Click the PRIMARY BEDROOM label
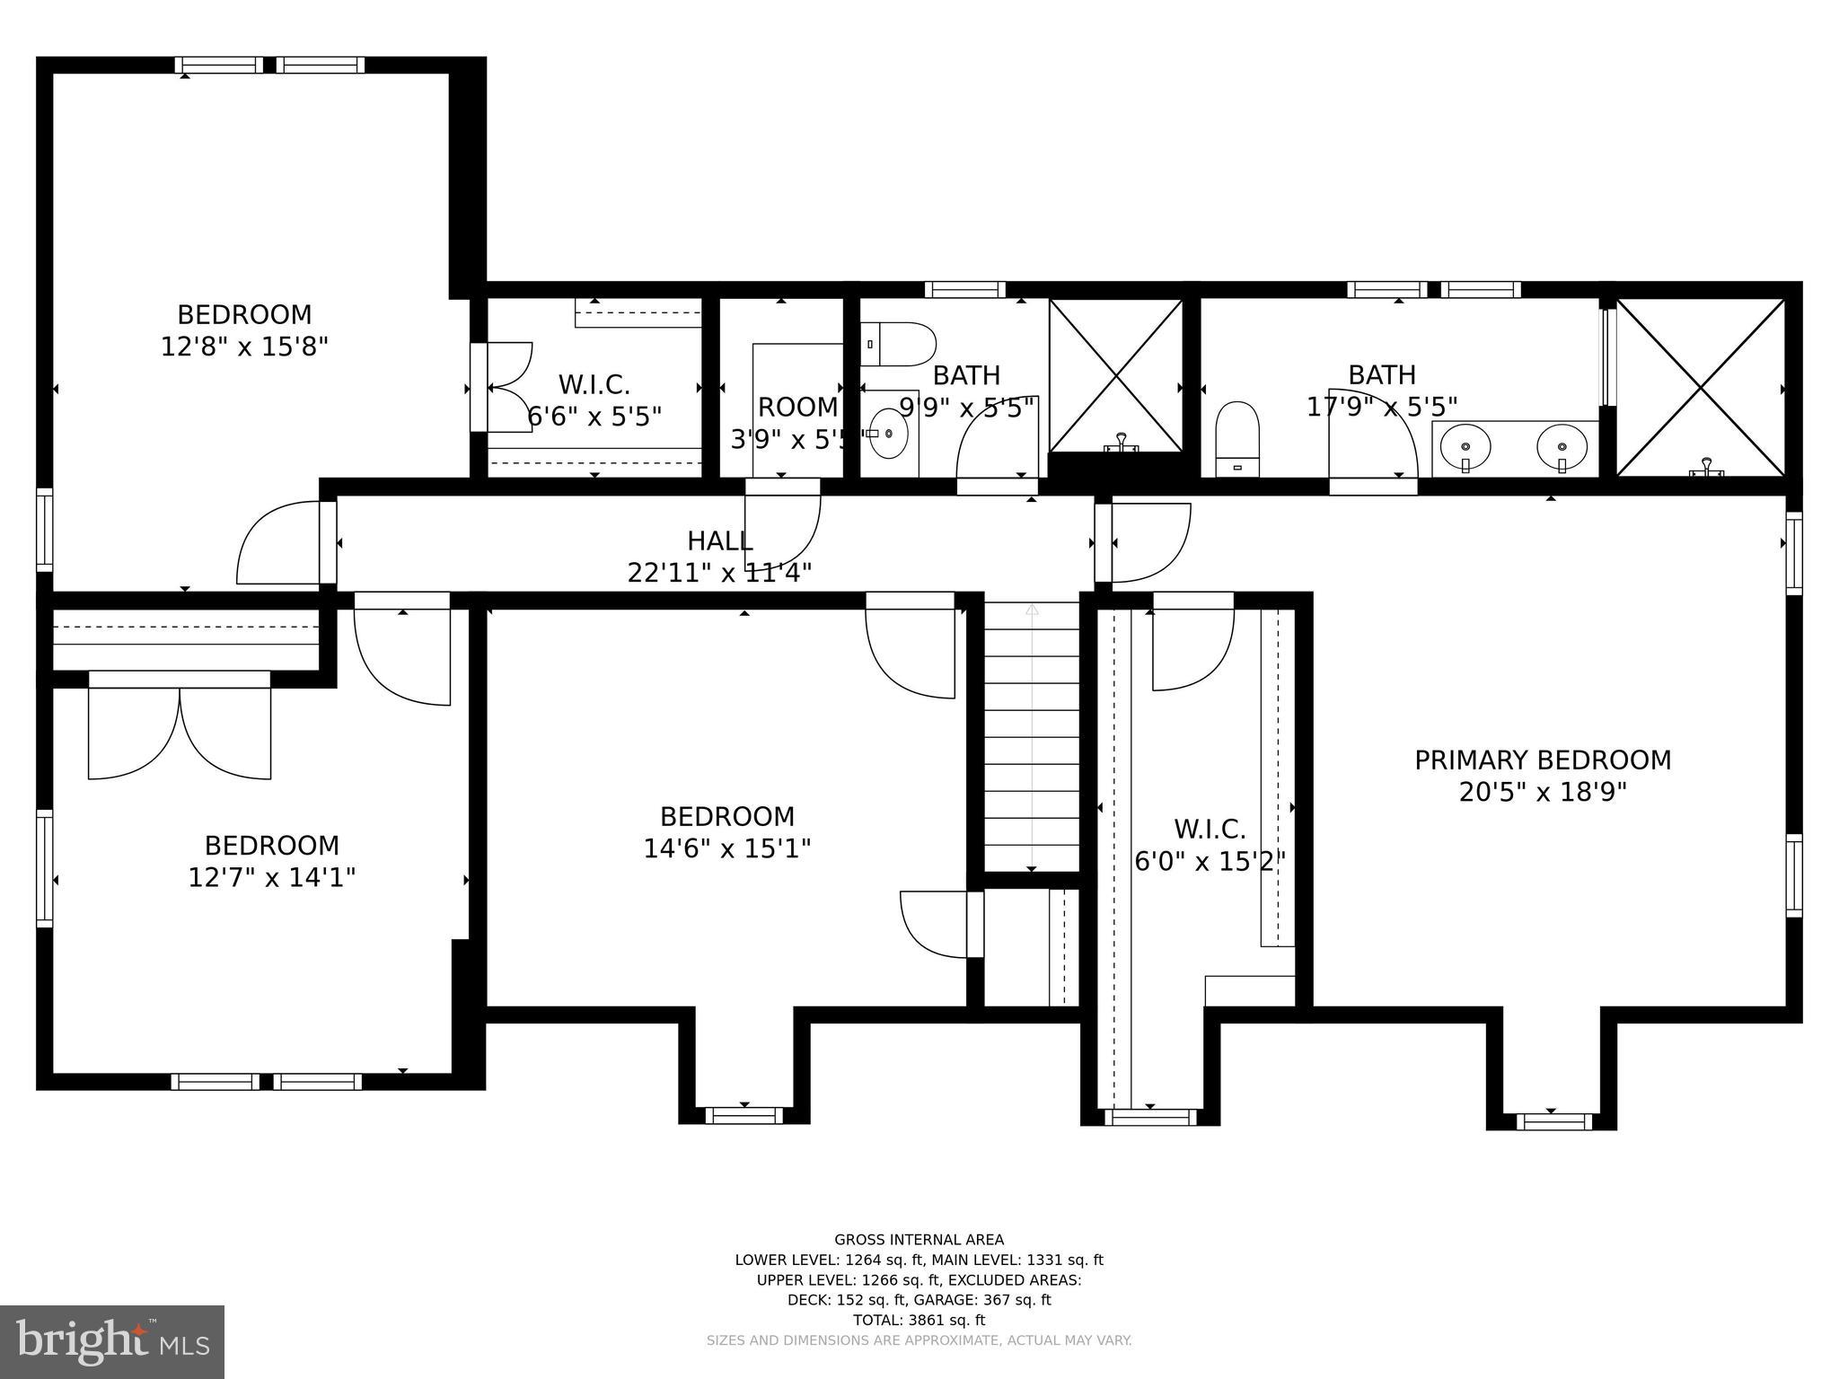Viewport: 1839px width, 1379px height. point(1542,760)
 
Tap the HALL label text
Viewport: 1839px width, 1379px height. point(719,541)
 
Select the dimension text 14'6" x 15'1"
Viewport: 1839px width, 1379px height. point(726,848)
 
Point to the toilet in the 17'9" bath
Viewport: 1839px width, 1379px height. point(1237,439)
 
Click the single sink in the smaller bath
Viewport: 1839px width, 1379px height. point(888,434)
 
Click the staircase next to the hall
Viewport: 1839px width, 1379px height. point(1032,736)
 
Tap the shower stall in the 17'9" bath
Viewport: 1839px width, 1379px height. point(1700,387)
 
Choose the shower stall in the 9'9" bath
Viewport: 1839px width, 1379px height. point(1116,375)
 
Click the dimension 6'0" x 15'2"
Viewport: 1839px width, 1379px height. point(1210,862)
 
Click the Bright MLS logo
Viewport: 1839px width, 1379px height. point(112,1341)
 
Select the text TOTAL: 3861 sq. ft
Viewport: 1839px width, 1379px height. point(919,1320)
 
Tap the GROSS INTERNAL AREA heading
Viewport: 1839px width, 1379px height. point(919,1240)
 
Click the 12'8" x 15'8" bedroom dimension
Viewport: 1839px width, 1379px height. point(244,347)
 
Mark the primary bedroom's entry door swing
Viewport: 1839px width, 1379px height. point(1150,542)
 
